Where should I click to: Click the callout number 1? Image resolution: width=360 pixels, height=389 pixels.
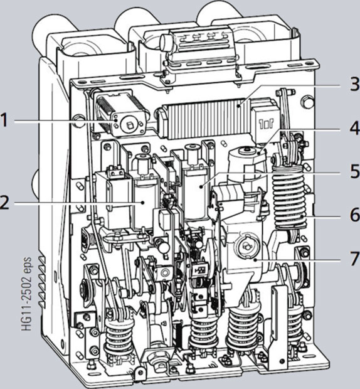tap(4, 121)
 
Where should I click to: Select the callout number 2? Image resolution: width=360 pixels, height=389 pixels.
tap(4, 203)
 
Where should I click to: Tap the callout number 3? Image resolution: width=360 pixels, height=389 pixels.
tap(354, 83)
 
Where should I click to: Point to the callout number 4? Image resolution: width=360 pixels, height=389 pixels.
tap(354, 129)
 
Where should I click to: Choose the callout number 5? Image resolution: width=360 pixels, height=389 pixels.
tap(354, 171)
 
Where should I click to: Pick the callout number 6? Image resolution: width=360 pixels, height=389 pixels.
tap(355, 215)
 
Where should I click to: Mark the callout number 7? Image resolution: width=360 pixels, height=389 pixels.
tap(354, 258)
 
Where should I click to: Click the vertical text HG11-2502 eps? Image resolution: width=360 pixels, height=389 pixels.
tap(27, 294)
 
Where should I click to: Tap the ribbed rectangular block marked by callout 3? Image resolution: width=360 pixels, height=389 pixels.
tap(205, 119)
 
